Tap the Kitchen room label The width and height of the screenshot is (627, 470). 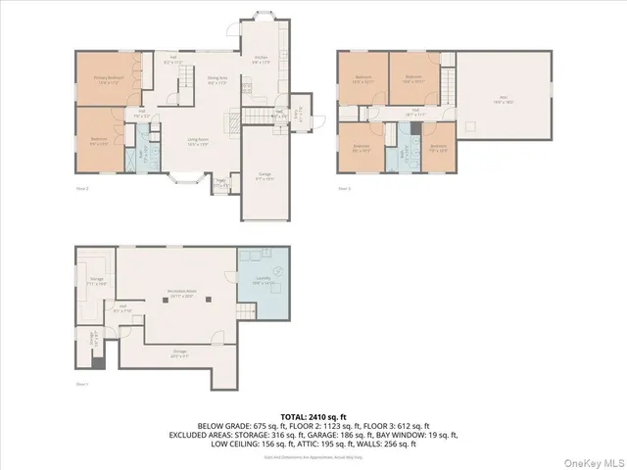pyautogui.click(x=262, y=61)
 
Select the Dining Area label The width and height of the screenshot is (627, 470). pyautogui.click(x=217, y=80)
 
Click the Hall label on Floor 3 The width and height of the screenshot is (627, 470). pyautogui.click(x=415, y=112)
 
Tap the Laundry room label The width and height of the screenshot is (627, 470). pyautogui.click(x=264, y=282)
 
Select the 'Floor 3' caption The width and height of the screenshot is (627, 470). pyautogui.click(x=344, y=188)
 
